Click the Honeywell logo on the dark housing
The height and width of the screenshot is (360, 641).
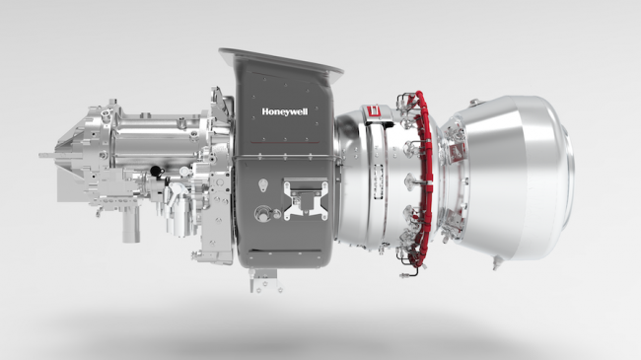284,110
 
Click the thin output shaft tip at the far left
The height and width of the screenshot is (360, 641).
45,155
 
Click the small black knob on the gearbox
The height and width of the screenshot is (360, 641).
156,173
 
